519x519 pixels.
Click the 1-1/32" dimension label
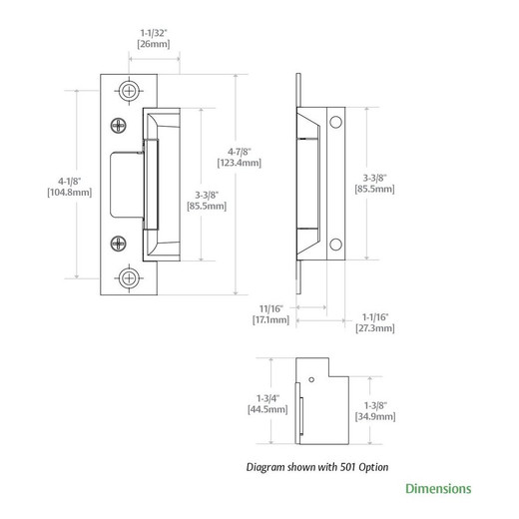[x=153, y=32]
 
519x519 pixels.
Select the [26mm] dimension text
[x=153, y=45]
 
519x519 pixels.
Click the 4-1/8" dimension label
[x=70, y=181]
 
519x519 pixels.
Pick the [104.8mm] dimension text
[x=70, y=194]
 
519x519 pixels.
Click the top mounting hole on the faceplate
[x=131, y=90]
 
